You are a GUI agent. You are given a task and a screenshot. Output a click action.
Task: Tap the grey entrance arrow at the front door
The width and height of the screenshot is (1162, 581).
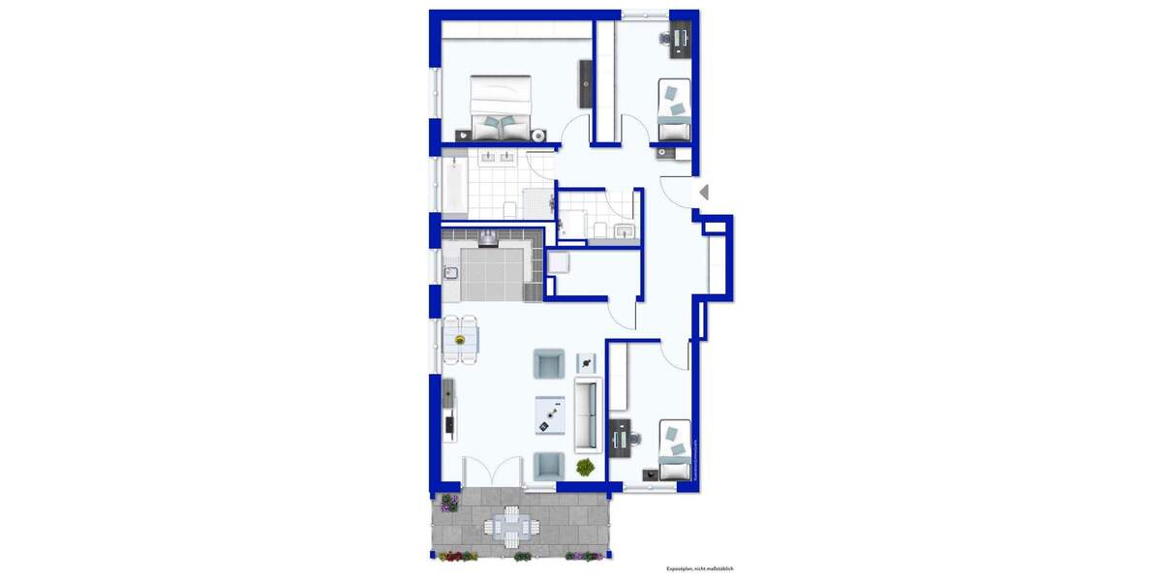[x=704, y=193]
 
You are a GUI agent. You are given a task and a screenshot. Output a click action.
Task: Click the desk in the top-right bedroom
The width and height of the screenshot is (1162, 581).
[x=681, y=39]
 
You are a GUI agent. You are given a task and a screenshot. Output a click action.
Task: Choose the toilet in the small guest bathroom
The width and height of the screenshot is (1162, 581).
[x=600, y=229]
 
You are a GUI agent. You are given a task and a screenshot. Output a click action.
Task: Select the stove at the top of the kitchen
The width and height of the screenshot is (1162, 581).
[x=489, y=236]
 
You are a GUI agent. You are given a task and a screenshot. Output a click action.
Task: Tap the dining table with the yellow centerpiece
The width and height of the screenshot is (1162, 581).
[x=461, y=339]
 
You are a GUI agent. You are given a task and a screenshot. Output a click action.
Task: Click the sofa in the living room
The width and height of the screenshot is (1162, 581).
[x=588, y=415]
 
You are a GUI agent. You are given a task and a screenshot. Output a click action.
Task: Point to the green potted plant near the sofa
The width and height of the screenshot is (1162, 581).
[x=585, y=468]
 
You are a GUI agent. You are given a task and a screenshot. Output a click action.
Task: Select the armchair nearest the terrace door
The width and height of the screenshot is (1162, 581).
[x=548, y=466]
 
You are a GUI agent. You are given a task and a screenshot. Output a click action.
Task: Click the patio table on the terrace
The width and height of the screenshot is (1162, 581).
[x=509, y=527]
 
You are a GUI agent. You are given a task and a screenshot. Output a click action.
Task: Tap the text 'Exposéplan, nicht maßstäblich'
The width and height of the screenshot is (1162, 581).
[x=705, y=568]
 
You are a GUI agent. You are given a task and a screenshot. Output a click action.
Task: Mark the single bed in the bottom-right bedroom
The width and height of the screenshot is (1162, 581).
[x=675, y=448]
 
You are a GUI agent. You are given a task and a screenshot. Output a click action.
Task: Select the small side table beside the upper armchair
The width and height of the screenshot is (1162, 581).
[x=587, y=362]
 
